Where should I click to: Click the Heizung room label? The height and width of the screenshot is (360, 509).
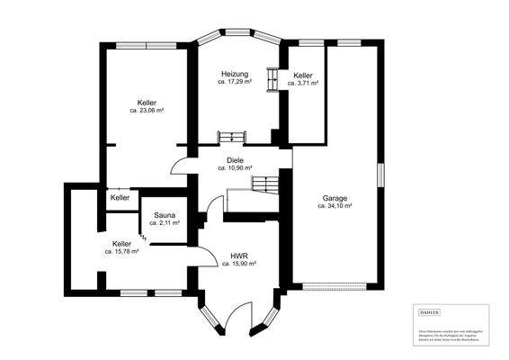235,74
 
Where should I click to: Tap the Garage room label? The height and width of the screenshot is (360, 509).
335,197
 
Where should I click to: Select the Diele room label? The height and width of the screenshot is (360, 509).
235,159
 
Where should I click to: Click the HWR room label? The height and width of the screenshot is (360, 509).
239,256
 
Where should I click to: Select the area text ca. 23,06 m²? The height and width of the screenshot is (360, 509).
146,111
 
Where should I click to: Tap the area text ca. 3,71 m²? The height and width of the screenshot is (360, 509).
303,83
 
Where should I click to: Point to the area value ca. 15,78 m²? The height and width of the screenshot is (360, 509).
121,252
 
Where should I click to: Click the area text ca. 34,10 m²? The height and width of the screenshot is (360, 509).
335,205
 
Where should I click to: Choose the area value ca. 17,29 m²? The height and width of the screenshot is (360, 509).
235,82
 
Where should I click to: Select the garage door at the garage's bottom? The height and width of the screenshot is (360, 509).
335,287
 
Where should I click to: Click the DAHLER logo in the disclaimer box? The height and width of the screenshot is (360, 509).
430,311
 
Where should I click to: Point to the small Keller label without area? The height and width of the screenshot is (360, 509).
120,197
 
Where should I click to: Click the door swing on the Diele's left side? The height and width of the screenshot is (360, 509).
180,165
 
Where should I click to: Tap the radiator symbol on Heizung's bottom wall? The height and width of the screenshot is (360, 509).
231,136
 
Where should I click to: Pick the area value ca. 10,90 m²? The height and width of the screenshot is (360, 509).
235,167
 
